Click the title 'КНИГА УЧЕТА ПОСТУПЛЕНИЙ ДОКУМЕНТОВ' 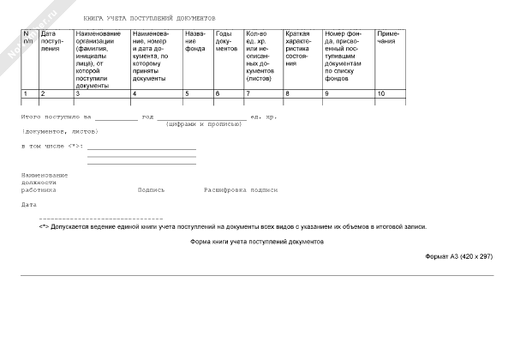tap(150, 18)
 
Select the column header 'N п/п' tap(28, 37)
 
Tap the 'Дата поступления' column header tap(54, 40)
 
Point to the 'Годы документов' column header tap(226, 40)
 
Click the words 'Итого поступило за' tap(56, 116)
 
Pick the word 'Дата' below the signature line tap(29, 205)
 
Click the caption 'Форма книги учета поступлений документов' tap(257, 243)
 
